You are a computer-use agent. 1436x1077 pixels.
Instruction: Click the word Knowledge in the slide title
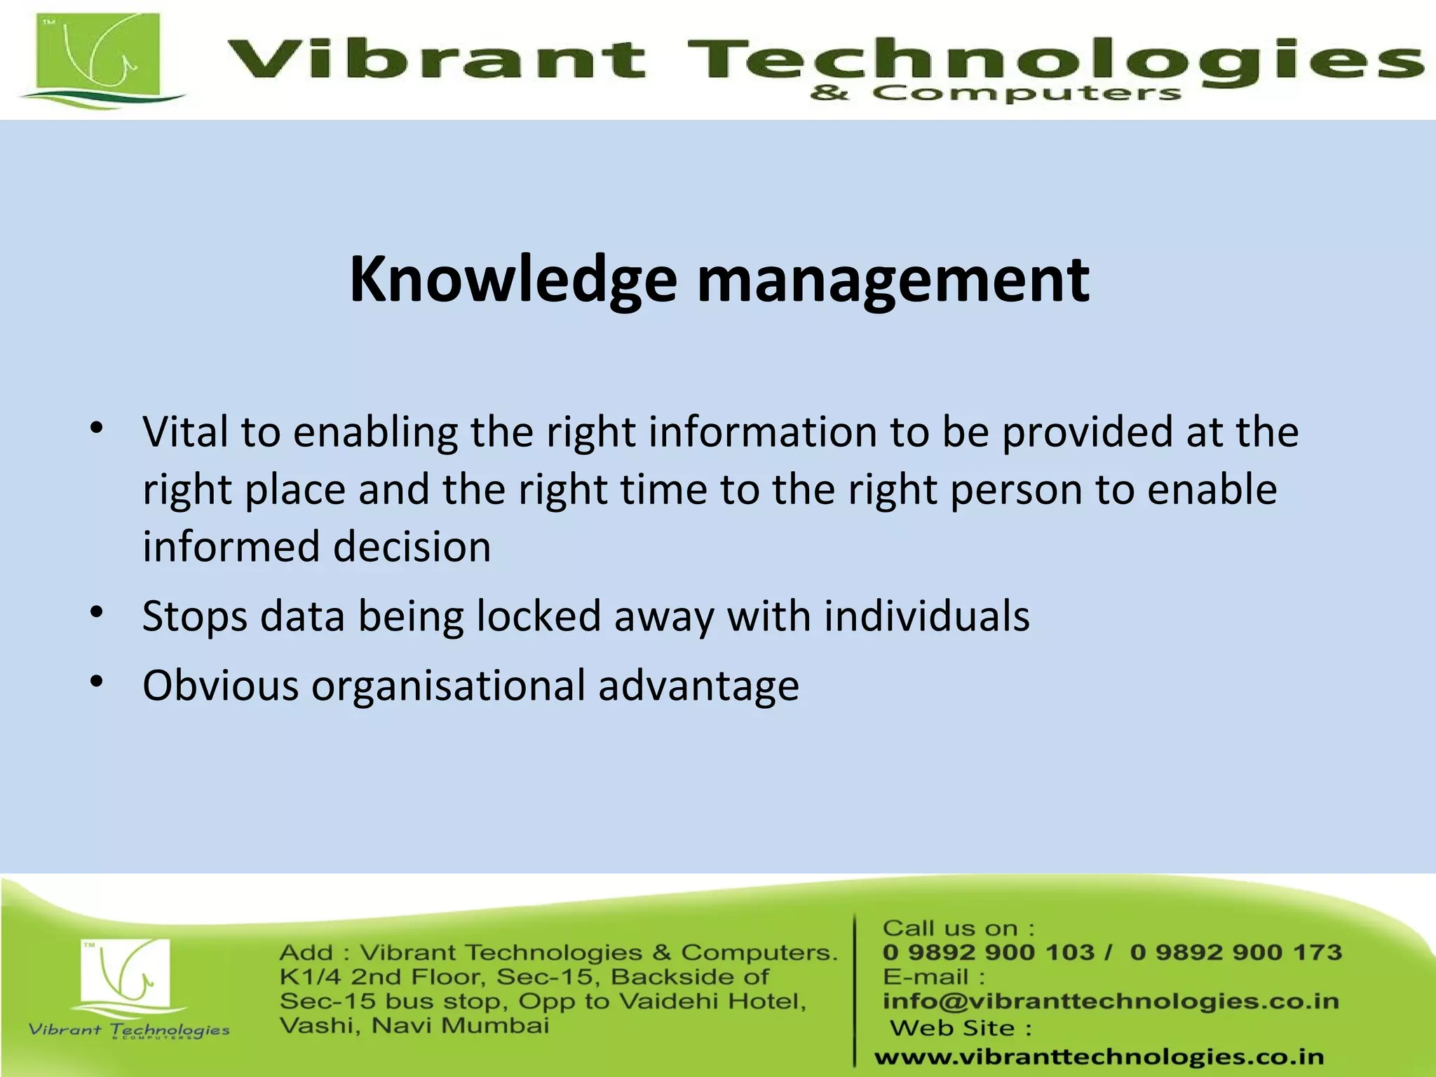[x=513, y=280]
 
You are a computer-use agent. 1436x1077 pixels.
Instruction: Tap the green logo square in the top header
[x=99, y=56]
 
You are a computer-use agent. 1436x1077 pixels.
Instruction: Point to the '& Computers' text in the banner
[x=996, y=93]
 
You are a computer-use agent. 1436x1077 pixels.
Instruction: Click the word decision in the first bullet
[x=412, y=546]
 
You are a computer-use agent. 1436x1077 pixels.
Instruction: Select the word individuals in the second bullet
[x=926, y=616]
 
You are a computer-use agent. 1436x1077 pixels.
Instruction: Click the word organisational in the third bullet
[x=448, y=685]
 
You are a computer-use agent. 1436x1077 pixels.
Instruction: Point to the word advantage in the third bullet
[x=698, y=685]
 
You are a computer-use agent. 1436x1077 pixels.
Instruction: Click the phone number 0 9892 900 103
[x=988, y=952]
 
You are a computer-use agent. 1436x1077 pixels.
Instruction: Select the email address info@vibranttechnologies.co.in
[x=1111, y=1001]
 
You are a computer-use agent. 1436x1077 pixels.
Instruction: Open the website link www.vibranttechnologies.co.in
[x=1099, y=1057]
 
